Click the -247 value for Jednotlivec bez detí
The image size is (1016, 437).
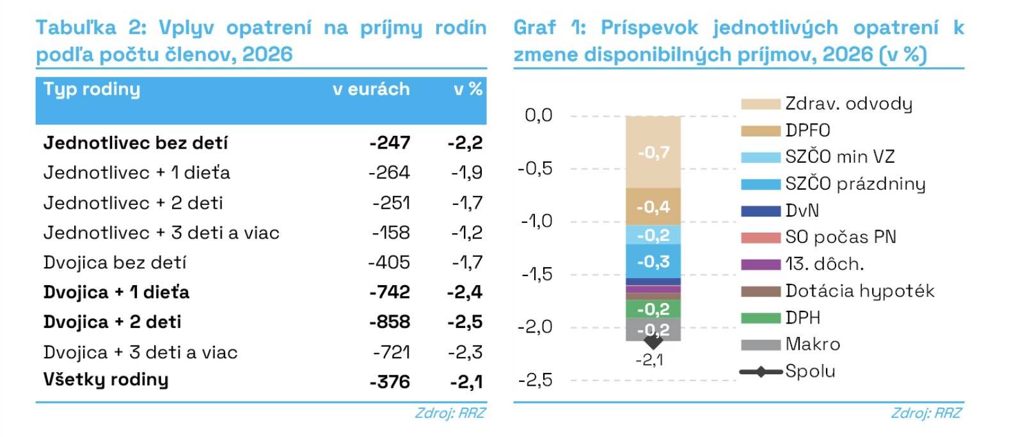coord(390,143)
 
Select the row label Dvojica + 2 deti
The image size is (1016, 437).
coord(112,322)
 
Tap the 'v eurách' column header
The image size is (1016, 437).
coord(371,89)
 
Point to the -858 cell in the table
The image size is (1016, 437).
coord(390,322)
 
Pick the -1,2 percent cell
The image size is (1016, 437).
coord(467,233)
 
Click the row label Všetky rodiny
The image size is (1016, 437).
coord(106,379)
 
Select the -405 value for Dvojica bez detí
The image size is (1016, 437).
coord(389,263)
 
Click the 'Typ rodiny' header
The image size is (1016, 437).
coord(91,89)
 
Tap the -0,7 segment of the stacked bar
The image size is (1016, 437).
coord(653,153)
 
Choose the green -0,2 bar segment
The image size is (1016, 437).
coord(653,309)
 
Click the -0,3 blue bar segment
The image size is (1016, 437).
coord(653,261)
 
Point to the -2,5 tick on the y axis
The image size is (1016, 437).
coord(535,380)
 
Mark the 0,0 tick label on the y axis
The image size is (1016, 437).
coord(538,115)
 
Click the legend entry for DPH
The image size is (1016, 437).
coord(802,318)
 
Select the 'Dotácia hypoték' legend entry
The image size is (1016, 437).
coord(859,291)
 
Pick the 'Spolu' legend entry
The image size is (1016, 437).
coord(810,371)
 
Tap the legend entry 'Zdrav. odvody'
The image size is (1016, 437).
coord(848,104)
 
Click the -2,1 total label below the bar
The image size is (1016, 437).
coord(649,360)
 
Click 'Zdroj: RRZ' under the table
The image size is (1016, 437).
coord(450,413)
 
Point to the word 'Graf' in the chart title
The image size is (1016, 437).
coord(535,28)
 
